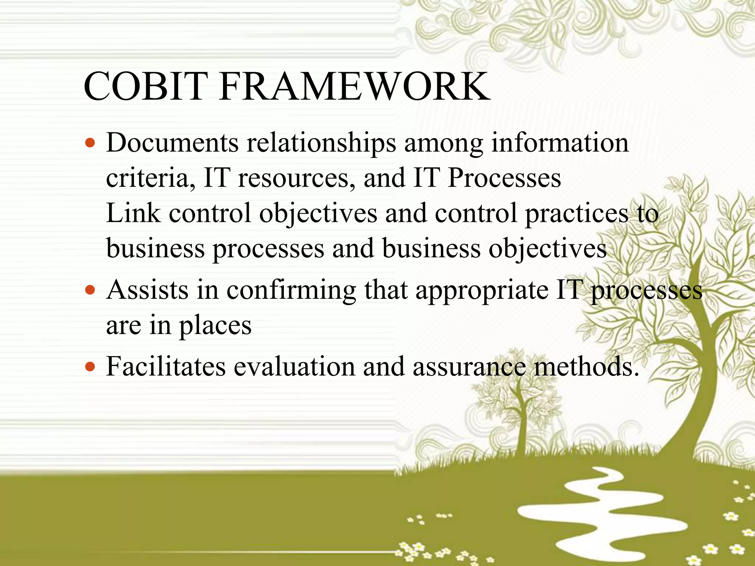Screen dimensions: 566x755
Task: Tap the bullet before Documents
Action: coord(90,143)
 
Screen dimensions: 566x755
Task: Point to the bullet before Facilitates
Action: coord(90,367)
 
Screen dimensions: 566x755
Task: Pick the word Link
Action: coord(133,213)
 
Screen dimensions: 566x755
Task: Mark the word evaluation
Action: coord(294,367)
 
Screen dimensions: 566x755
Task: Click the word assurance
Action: coord(469,367)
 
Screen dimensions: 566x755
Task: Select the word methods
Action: coord(586,367)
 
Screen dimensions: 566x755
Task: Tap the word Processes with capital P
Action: coord(504,178)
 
